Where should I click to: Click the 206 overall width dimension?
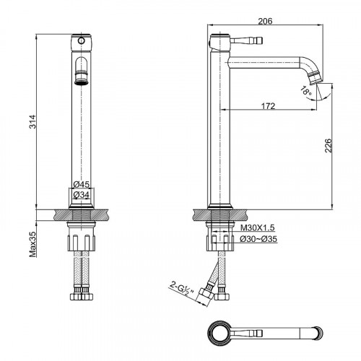click(265, 21)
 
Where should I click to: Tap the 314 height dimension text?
click(32, 122)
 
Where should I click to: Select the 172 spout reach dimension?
click(268, 106)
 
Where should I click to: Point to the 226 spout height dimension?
click(329, 145)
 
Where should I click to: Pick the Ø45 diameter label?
click(81, 184)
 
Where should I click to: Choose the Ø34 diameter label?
click(81, 194)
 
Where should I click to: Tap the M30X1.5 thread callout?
click(258, 227)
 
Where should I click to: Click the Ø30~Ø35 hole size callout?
click(258, 239)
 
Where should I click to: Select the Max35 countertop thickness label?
click(32, 244)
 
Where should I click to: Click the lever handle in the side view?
click(246, 40)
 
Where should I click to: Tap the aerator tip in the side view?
click(316, 78)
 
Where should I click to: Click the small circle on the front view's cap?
click(82, 40)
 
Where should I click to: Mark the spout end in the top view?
click(319, 334)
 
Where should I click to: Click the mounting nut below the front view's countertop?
click(82, 243)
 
